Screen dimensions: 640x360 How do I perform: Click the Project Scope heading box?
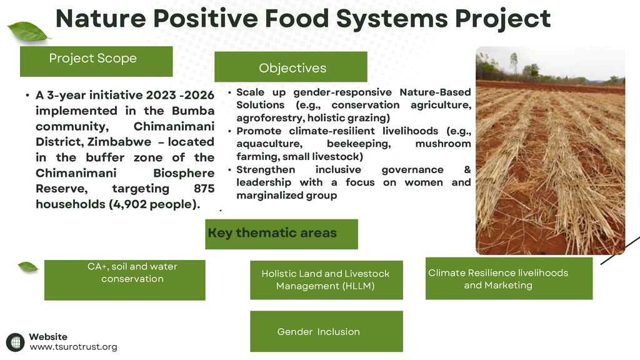click(96, 61)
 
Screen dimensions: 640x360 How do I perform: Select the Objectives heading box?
click(291, 66)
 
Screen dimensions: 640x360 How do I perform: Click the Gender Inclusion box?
click(326, 331)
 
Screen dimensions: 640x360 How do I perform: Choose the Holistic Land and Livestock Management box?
click(326, 280)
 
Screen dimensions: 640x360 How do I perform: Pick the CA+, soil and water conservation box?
click(125, 280)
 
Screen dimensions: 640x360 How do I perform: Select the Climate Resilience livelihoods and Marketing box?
click(509, 278)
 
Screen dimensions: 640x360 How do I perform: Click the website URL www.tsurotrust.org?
click(74, 347)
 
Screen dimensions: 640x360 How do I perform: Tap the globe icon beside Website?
click(16, 342)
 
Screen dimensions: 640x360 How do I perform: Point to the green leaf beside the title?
click(27, 32)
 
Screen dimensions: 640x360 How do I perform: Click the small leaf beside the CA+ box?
click(27, 267)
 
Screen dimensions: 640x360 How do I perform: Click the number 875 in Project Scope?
click(204, 189)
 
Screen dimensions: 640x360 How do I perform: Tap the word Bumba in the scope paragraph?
click(193, 111)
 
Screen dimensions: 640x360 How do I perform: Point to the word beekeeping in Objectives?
click(359, 144)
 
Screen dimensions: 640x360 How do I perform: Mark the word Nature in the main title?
click(101, 19)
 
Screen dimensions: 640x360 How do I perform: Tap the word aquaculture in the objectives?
click(269, 144)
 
